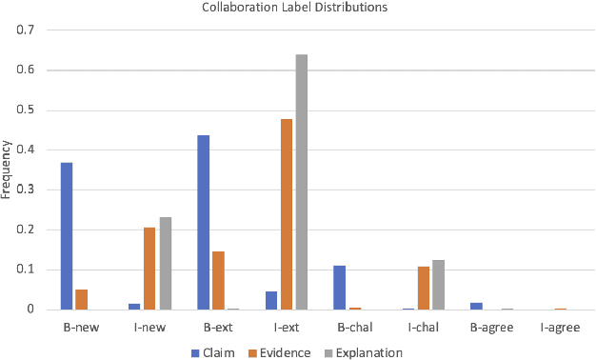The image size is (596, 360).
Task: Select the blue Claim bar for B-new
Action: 67,236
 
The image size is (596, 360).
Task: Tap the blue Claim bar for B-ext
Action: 204,222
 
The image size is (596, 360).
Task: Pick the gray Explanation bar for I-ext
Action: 302,182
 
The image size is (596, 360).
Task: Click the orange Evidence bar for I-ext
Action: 287,214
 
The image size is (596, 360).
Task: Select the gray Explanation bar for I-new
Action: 165,264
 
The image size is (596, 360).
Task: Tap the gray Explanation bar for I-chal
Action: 438,285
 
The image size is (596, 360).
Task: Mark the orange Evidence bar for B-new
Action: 82,299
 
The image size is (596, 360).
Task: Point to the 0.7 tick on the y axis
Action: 26,30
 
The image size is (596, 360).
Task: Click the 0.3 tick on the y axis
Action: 26,190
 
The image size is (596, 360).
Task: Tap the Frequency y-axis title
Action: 8,170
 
